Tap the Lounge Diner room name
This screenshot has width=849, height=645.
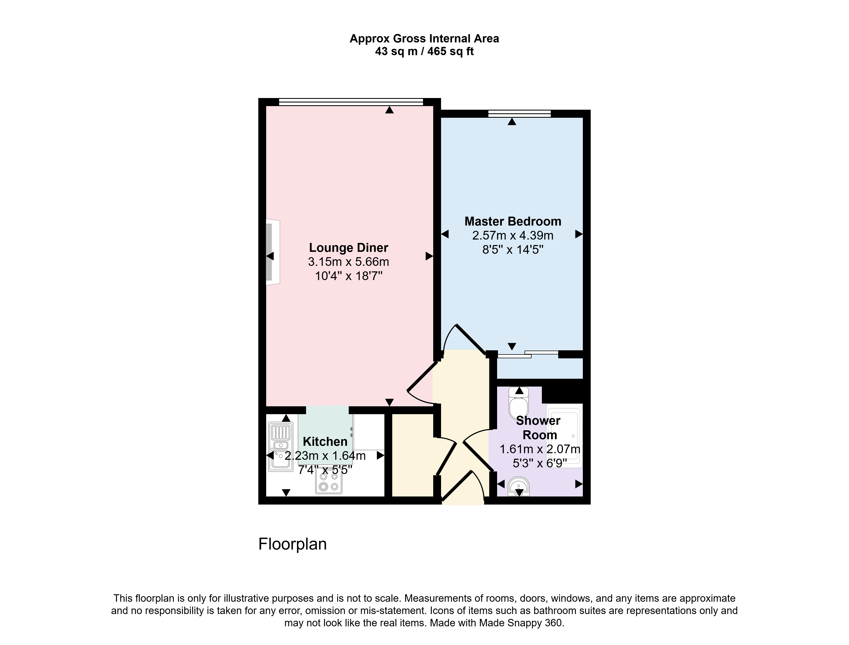click(349, 248)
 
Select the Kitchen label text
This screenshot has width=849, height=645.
click(325, 442)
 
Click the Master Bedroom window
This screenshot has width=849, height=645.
click(520, 114)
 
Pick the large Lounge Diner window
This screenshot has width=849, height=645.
click(351, 102)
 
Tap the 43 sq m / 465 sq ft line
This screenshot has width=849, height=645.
click(424, 51)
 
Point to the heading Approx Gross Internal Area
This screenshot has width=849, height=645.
click(424, 39)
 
